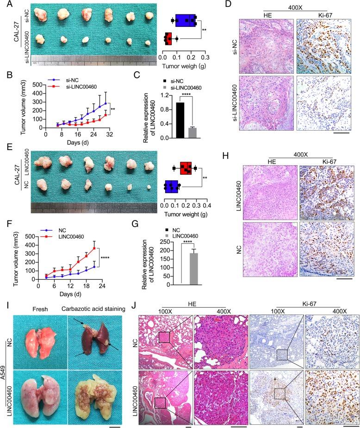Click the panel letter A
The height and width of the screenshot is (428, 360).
click(6, 6)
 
